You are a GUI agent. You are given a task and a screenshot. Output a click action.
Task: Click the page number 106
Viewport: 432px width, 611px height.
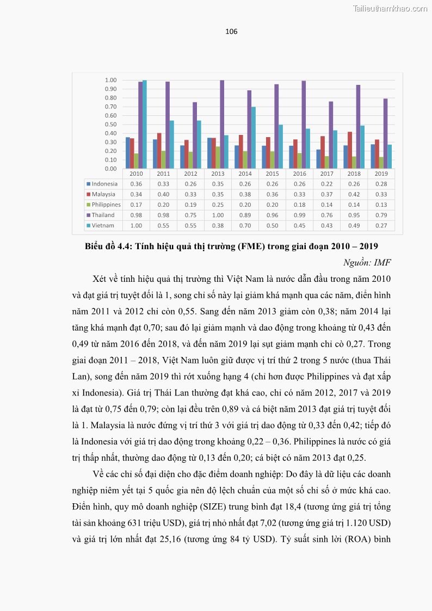point(231,32)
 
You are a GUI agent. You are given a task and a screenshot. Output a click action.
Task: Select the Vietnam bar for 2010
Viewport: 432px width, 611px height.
point(145,125)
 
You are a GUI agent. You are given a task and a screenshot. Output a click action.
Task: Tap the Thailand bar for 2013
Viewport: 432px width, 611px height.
point(222,125)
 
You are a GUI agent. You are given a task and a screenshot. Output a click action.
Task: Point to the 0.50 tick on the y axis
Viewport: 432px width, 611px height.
point(111,125)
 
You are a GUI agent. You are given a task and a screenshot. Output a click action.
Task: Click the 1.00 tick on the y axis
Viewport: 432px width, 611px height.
point(111,81)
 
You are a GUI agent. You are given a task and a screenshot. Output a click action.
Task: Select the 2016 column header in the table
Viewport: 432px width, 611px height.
point(300,174)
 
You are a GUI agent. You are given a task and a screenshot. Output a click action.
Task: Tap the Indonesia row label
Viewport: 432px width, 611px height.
point(104,184)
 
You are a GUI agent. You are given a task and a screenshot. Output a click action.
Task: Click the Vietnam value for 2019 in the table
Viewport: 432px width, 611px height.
point(381,225)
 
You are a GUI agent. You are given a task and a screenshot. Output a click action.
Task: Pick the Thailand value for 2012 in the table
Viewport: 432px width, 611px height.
point(191,215)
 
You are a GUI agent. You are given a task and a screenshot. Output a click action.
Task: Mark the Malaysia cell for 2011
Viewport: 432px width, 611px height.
point(164,194)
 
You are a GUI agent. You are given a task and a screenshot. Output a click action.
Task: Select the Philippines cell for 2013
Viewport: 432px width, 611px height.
point(218,205)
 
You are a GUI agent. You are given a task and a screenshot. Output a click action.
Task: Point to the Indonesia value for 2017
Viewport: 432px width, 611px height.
point(327,184)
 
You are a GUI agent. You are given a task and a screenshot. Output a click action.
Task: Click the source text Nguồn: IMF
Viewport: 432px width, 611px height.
point(367,263)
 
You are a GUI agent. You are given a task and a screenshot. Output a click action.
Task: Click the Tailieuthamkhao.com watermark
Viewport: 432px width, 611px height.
point(390,8)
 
